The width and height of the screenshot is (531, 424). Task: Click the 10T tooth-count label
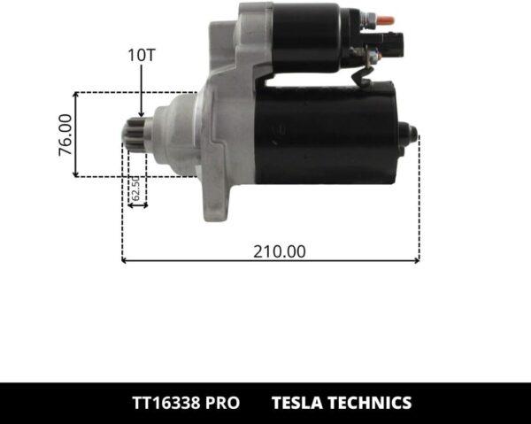(x=142, y=55)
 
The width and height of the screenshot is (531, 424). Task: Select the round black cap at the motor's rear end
(x=409, y=135)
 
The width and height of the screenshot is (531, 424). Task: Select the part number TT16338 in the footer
(x=164, y=403)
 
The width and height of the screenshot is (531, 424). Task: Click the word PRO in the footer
(x=222, y=403)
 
